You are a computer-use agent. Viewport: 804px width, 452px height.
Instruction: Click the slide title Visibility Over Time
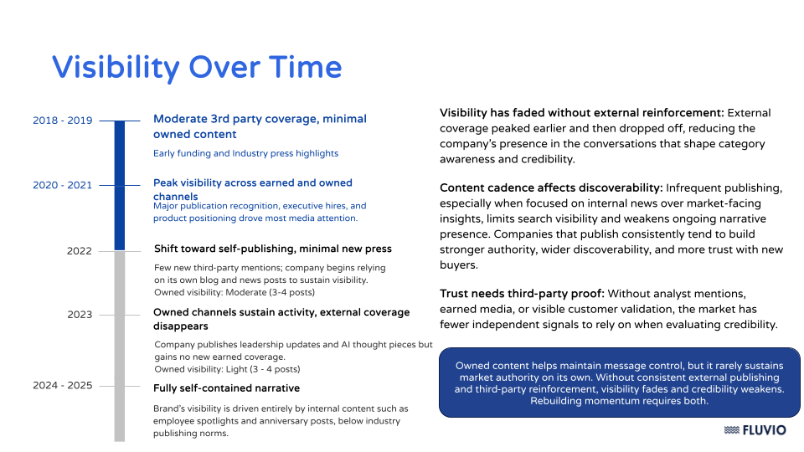click(197, 67)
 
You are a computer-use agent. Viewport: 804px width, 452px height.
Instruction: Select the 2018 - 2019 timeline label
click(62, 121)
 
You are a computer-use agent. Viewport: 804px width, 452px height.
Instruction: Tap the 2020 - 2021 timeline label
click(62, 185)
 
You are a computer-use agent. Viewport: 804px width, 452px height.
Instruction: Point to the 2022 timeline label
click(80, 250)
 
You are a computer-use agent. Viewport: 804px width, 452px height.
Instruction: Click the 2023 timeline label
click(80, 315)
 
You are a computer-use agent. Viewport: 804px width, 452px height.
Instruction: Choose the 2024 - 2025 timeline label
click(62, 386)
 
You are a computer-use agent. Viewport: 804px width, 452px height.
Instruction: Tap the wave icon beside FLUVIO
click(731, 430)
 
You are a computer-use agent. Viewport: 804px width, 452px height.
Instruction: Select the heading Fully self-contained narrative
click(226, 388)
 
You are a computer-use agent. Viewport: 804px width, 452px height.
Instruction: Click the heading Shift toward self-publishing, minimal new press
click(272, 249)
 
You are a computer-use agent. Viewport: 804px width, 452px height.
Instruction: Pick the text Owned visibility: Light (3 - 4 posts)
click(227, 369)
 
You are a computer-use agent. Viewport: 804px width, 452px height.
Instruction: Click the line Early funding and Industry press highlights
click(245, 153)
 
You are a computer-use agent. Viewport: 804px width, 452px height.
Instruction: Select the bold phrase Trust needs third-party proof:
click(522, 294)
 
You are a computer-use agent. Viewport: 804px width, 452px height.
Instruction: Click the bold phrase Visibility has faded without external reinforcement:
click(581, 113)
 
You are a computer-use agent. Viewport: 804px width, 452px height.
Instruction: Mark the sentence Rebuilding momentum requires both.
click(619, 401)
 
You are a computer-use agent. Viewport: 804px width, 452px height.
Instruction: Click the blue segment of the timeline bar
click(119, 184)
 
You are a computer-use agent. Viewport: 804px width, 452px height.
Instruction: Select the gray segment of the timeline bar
click(119, 343)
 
